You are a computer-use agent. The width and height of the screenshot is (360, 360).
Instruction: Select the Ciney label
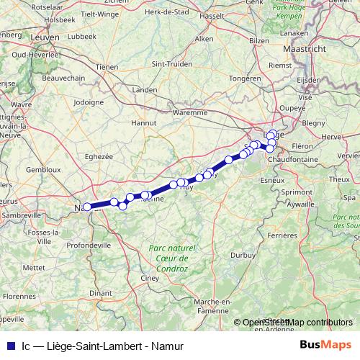tap(150, 276)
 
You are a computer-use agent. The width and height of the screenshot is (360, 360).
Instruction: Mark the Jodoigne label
tap(89, 102)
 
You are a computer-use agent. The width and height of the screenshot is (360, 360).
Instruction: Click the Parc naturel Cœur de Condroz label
tap(168, 258)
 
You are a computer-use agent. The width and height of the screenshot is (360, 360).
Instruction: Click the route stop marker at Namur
tap(87, 207)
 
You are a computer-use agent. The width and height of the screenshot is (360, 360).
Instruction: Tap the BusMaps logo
tap(325, 346)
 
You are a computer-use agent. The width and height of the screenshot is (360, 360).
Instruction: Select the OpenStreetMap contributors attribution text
tap(297, 323)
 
